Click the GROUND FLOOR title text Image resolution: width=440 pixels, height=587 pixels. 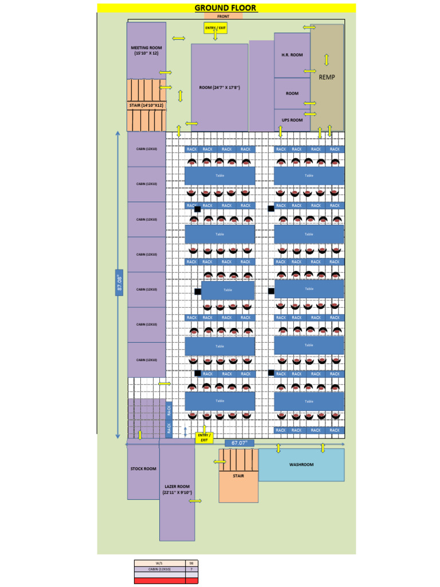225,8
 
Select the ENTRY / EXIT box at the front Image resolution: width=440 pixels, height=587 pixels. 215,28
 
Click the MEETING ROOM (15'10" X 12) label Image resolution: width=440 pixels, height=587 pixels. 146,50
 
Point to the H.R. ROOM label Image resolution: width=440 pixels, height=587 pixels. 292,55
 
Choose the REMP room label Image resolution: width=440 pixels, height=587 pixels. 327,77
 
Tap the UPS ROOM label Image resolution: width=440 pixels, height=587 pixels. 292,120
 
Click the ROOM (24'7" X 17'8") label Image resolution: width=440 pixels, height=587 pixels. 219,88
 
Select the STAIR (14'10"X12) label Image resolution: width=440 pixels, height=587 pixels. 146,105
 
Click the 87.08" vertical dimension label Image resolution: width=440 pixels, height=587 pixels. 120,283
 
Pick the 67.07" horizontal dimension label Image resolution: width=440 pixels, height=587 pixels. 239,443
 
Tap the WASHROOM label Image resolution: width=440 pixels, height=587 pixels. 301,464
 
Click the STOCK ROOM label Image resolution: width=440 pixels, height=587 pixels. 143,469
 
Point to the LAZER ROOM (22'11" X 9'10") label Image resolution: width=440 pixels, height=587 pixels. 177,489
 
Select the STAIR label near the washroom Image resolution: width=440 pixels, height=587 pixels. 238,476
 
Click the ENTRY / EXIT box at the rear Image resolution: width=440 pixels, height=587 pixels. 203,437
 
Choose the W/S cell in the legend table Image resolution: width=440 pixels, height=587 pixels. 160,563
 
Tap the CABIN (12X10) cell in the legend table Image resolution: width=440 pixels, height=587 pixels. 160,569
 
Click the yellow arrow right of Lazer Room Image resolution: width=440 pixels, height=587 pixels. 195,501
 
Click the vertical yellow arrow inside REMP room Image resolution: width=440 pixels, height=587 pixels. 327,60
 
